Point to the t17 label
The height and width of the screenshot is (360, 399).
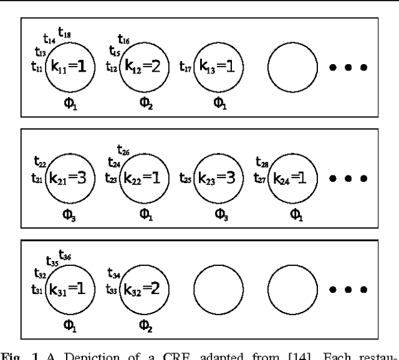(186, 66)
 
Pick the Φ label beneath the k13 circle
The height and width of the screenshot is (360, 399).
(220, 103)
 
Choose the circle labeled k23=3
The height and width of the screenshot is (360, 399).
(219, 178)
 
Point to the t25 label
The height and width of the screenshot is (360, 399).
(186, 178)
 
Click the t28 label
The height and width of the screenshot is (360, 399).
(262, 163)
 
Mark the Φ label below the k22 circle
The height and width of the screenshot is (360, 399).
(145, 214)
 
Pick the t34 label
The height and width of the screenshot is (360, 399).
(114, 275)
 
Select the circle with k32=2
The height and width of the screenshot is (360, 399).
(145, 290)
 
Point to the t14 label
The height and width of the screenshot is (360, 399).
(49, 39)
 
